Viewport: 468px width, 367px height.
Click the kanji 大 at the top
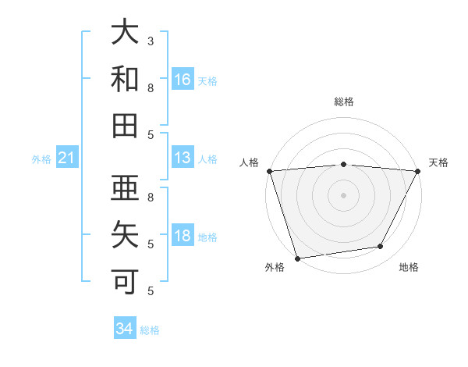(125, 33)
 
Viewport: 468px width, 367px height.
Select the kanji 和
(125, 79)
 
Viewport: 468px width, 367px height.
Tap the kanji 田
(125, 125)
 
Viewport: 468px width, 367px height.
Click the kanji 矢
(125, 233)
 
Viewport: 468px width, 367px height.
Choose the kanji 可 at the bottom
(125, 280)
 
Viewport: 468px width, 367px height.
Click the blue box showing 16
(183, 79)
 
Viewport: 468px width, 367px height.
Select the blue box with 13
(183, 158)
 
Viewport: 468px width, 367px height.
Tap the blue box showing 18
(183, 236)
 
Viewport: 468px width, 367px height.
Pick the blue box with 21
(66, 159)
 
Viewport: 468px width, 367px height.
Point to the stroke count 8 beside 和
(151, 87)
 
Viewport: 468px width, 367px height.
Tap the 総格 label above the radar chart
(343, 102)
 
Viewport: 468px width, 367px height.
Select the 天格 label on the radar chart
(439, 162)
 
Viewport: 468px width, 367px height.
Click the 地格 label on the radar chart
(409, 268)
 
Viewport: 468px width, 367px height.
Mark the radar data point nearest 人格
(269, 171)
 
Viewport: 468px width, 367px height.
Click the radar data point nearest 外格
(297, 258)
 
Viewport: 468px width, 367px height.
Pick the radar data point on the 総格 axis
(343, 164)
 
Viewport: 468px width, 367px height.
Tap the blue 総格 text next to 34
(150, 330)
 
